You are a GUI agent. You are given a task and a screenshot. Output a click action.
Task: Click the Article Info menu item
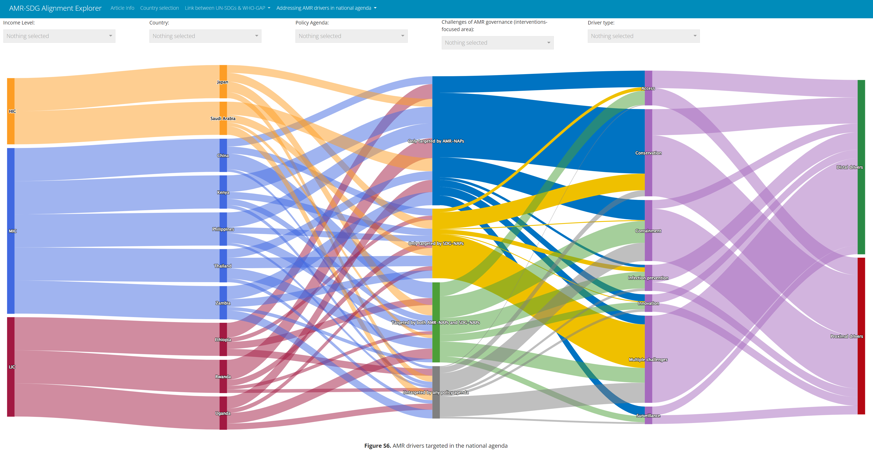tap(122, 8)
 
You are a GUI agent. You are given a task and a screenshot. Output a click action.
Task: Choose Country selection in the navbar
tap(159, 8)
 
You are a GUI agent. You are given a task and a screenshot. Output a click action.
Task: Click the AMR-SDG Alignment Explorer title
tap(55, 8)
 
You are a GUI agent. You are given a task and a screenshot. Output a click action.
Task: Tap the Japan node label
tap(223, 82)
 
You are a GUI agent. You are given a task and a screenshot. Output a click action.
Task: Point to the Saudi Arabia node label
tap(223, 119)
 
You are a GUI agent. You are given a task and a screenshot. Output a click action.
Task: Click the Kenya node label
tap(223, 192)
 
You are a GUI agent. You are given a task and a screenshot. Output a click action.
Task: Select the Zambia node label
tap(223, 303)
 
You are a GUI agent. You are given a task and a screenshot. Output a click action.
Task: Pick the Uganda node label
tap(223, 413)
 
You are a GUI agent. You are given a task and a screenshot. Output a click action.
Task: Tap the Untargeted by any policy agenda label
tap(436, 392)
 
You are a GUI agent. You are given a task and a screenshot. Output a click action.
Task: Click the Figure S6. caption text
tap(436, 446)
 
